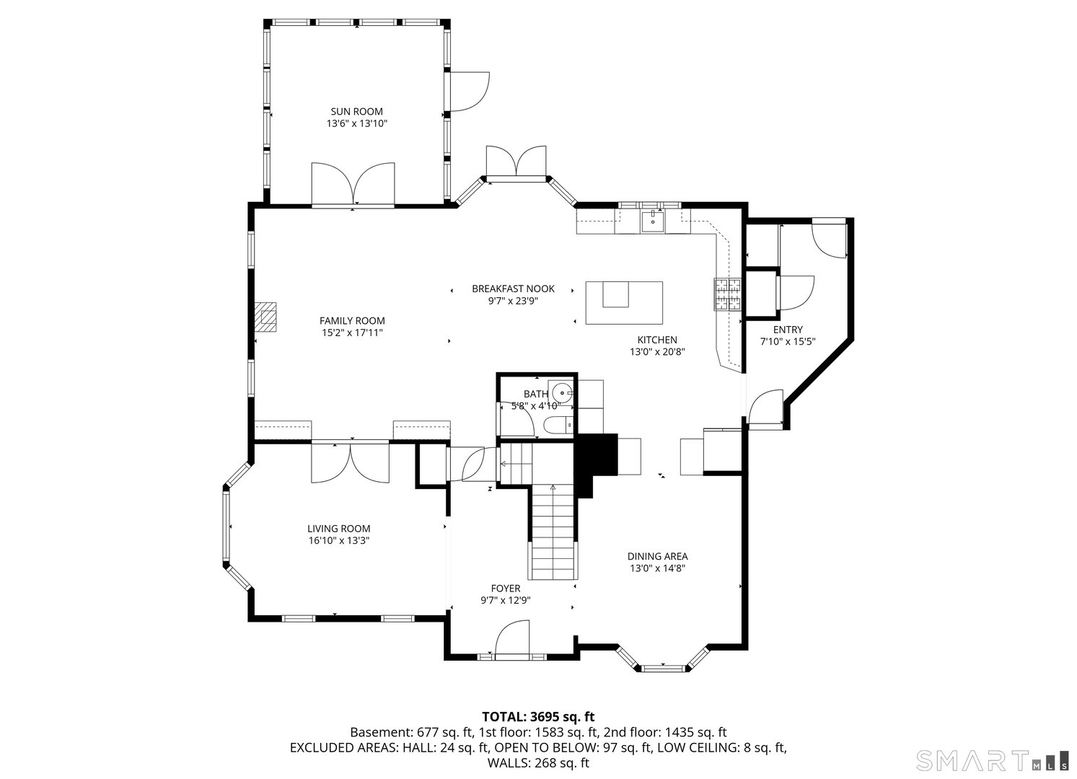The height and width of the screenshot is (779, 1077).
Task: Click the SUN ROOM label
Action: click(x=356, y=111)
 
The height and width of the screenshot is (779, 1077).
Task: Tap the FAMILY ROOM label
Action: click(x=352, y=320)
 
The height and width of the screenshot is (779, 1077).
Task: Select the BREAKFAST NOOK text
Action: click(x=513, y=289)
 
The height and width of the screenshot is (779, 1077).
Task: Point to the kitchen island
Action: click(x=624, y=303)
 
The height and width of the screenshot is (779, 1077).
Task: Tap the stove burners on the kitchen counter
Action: click(x=728, y=294)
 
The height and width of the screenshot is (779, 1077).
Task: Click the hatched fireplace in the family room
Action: click(x=265, y=317)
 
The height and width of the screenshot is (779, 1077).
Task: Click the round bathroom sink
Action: click(x=561, y=393)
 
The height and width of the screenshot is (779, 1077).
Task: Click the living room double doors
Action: click(x=350, y=463)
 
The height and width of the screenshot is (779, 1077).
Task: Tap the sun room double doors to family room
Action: click(x=353, y=185)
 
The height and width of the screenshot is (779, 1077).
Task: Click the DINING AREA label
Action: click(x=657, y=556)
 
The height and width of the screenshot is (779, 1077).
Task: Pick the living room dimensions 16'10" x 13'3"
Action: click(x=338, y=540)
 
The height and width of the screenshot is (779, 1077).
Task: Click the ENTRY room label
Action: click(x=787, y=330)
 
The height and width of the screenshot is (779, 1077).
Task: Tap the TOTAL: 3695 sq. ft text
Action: click(x=537, y=716)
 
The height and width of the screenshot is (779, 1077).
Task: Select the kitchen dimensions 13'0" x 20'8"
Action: click(x=656, y=352)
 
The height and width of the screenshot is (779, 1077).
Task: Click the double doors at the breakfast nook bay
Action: click(x=516, y=161)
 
